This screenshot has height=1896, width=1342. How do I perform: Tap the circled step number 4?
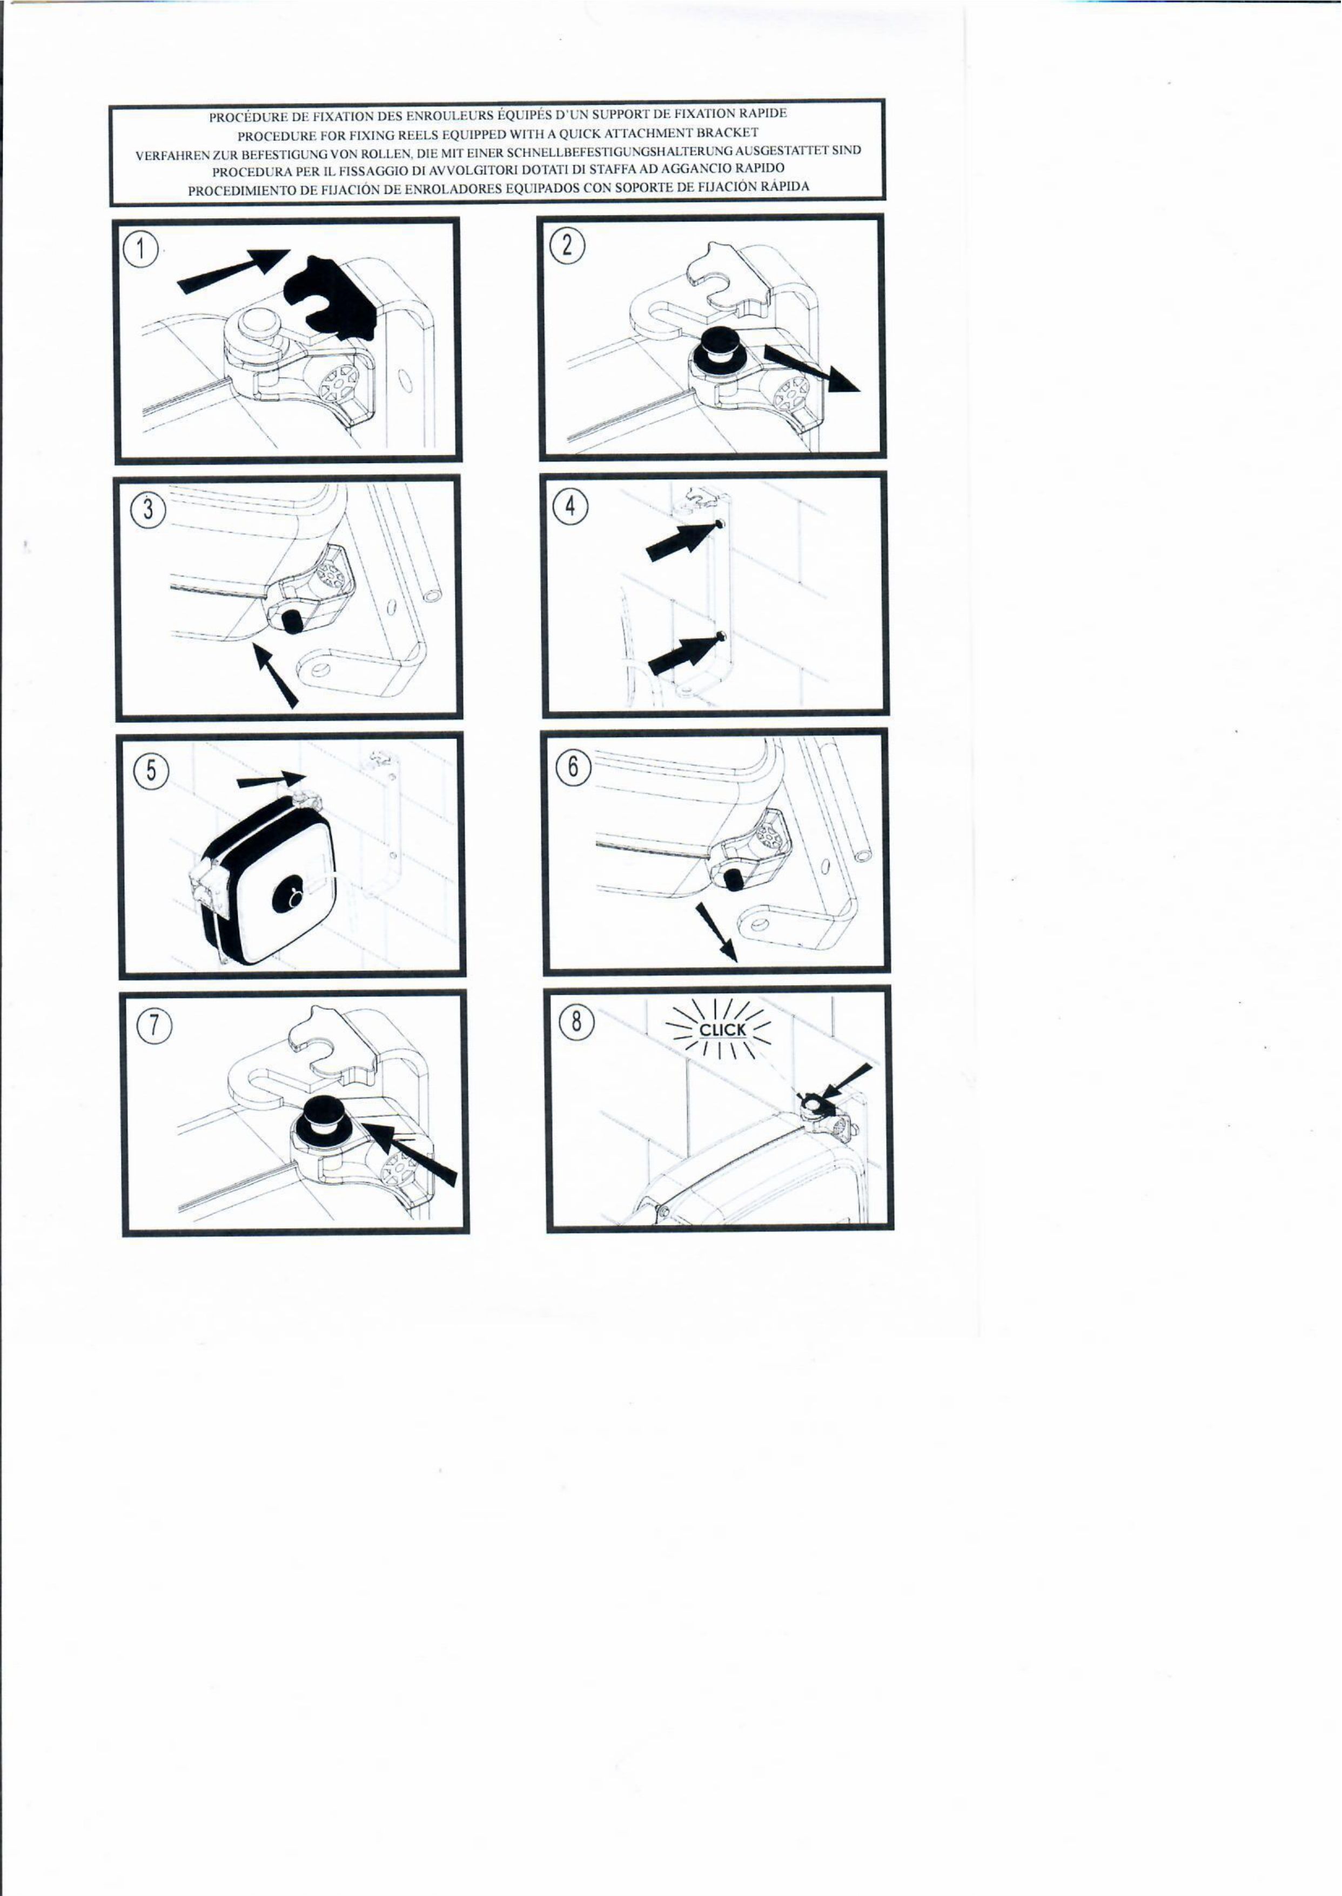tap(570, 507)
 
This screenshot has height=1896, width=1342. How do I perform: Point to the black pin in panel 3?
tap(292, 622)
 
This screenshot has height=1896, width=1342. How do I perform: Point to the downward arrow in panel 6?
tap(716, 930)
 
